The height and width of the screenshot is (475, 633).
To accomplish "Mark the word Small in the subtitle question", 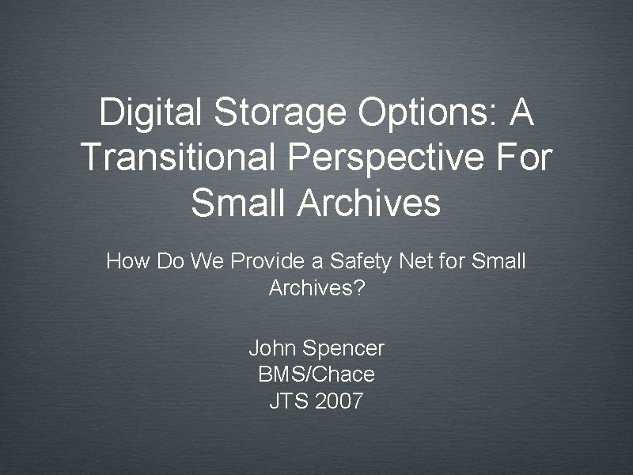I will [x=498, y=261].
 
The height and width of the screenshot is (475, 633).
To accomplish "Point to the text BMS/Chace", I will [x=316, y=374].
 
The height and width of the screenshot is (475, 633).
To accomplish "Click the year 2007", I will [x=339, y=401].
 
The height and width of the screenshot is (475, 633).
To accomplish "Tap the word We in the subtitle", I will [x=198, y=261].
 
